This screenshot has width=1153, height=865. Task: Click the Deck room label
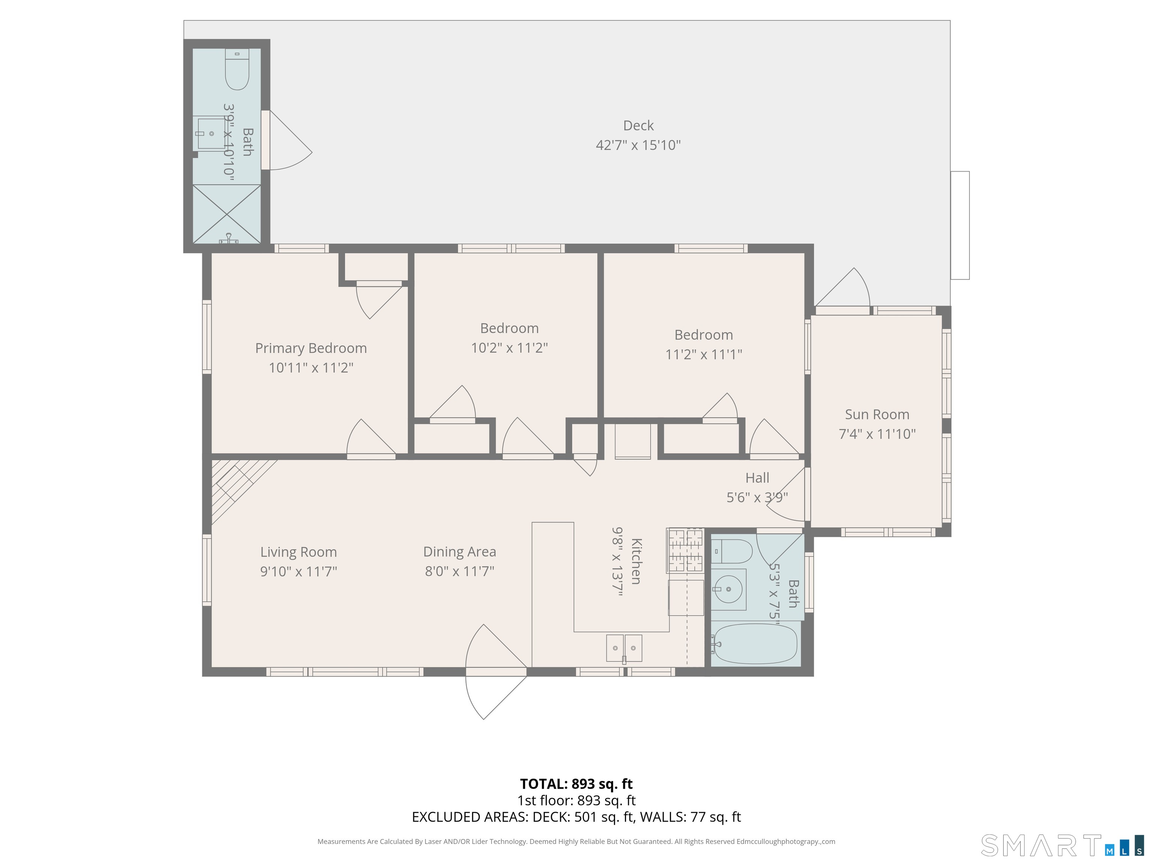(638, 126)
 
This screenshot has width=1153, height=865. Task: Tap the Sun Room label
(877, 414)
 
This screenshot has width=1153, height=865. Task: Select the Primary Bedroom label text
(311, 348)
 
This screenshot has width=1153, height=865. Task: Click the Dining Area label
(459, 552)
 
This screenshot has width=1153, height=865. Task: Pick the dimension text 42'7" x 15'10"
(638, 145)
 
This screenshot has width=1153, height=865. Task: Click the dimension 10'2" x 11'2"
(509, 348)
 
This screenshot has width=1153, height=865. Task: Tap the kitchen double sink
(624, 648)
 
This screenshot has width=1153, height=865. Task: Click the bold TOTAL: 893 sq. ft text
(576, 784)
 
